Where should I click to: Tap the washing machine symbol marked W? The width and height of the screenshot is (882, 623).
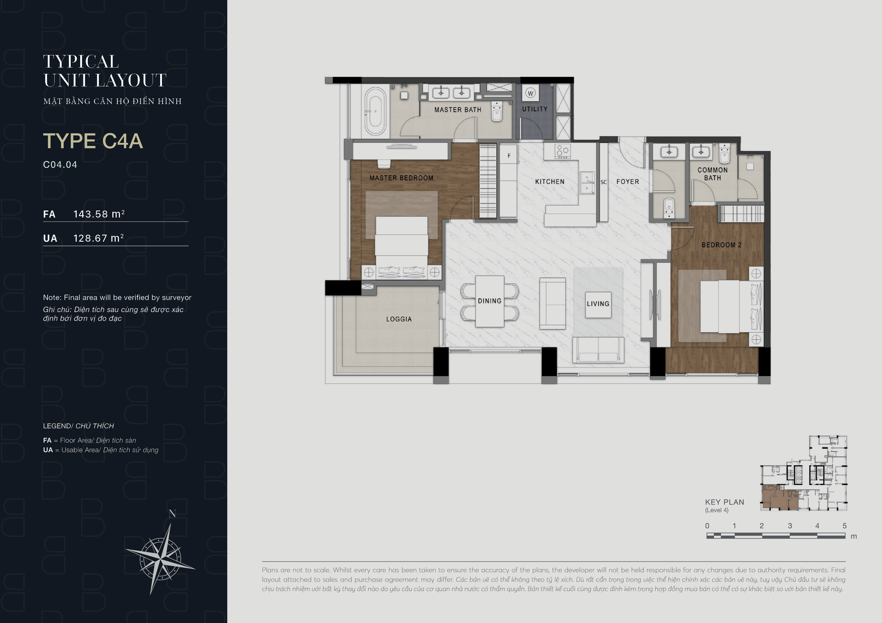[x=531, y=93]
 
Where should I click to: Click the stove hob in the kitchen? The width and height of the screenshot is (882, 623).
[x=563, y=151]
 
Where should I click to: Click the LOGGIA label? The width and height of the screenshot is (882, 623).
[x=399, y=319]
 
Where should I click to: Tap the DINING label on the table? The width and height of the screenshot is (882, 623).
[x=490, y=301]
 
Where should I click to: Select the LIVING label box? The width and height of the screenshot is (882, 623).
[x=598, y=304]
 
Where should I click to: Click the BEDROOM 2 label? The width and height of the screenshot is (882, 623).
[x=721, y=245]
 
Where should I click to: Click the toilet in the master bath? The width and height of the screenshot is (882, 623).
[x=497, y=111]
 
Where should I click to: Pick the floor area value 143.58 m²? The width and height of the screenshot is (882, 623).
[x=99, y=214]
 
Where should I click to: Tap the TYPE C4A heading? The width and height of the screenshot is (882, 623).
[x=93, y=141]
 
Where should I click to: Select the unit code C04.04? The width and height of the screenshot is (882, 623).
[x=60, y=165]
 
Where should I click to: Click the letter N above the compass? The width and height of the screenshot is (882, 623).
[x=172, y=514]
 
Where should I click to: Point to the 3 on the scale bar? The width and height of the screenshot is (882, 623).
[x=790, y=526]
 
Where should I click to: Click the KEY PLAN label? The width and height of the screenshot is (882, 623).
[x=725, y=502]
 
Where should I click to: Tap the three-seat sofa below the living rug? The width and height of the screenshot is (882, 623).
[x=598, y=350]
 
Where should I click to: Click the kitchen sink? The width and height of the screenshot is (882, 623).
[x=587, y=183]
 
